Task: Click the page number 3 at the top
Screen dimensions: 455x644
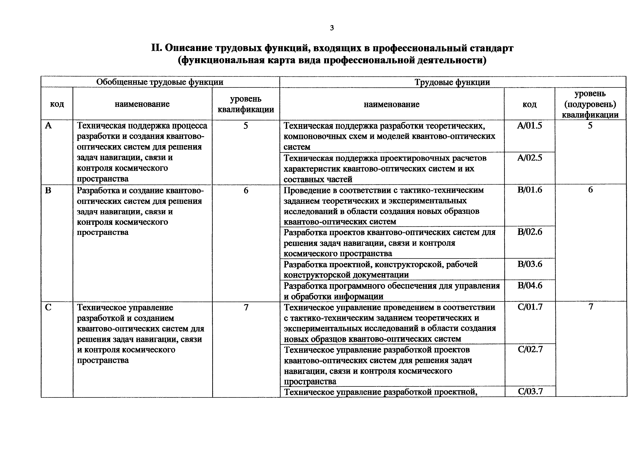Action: coord(332,28)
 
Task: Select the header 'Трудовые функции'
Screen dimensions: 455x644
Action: coord(452,82)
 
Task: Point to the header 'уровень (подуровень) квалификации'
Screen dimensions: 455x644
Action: coord(590,104)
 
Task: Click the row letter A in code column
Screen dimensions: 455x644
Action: coord(48,126)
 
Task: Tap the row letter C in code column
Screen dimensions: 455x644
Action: coord(48,308)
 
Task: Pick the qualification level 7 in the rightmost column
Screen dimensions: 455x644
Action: coord(591,307)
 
